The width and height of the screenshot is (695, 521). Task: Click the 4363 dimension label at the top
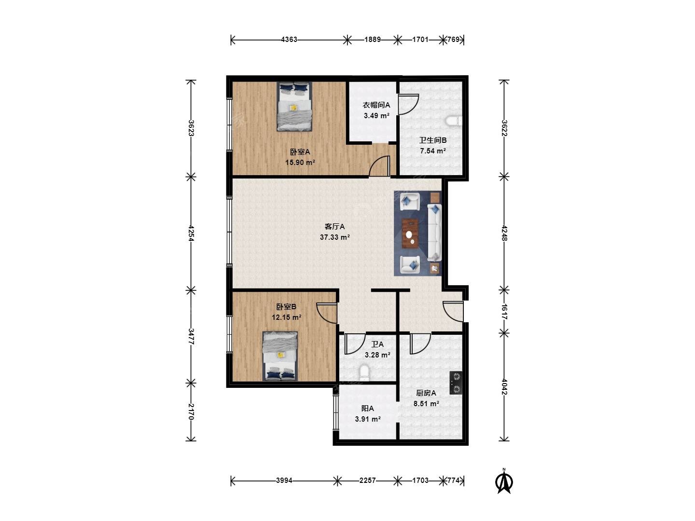pos(289,40)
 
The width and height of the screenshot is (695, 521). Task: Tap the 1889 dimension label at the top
pos(372,40)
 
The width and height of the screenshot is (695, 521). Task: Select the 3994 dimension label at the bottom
pos(284,480)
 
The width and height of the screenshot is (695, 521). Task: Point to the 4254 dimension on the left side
pos(191,233)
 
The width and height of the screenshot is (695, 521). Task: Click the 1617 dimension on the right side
pos(504,312)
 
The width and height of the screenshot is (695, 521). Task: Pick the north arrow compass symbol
pos(504,481)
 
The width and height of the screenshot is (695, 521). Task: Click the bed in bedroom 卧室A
pos(294,107)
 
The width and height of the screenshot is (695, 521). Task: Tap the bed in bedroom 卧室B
pos(280,356)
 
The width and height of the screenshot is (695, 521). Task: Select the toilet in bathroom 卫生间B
pos(454,121)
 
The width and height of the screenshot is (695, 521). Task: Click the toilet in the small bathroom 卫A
pos(364,372)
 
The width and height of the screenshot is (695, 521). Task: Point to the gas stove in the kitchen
pos(456,383)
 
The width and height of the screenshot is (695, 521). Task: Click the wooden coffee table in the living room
pos(410,234)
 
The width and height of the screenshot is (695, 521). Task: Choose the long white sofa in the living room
pos(434,233)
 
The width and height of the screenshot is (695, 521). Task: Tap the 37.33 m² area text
pos(334,237)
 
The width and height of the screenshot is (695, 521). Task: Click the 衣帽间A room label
pos(376,105)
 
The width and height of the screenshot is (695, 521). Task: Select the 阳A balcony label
pos(368,409)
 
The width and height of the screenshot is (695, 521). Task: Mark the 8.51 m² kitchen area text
pos(426,404)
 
